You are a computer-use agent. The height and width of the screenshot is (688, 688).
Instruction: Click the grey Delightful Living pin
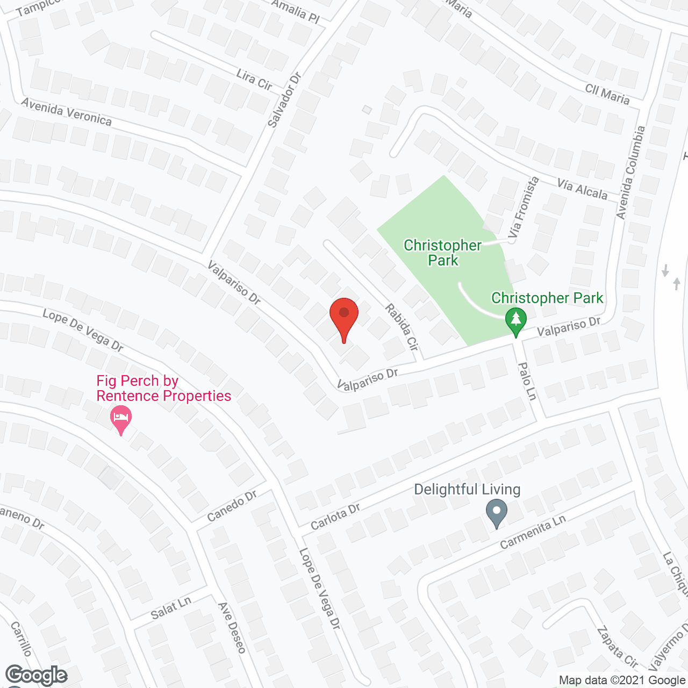coord(496,512)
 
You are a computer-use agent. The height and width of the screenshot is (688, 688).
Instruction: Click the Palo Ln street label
coord(527,381)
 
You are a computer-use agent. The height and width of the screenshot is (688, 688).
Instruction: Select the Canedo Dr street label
coord(232,506)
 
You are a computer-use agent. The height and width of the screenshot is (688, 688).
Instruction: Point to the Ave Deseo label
coord(232,628)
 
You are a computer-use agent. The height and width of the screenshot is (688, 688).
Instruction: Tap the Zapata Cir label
coord(618,647)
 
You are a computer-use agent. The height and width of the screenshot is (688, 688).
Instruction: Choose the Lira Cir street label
coord(254,80)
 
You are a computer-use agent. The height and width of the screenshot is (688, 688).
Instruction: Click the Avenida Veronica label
coord(67,112)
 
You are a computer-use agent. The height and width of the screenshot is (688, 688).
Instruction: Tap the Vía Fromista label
coord(523,207)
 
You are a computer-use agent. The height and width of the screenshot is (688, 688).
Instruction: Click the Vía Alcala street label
coord(582,190)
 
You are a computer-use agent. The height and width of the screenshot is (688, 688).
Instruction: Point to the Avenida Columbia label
coord(630,173)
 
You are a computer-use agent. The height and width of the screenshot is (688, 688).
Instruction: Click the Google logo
coord(37,675)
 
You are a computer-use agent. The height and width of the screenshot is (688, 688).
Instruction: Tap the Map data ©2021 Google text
coord(622,680)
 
